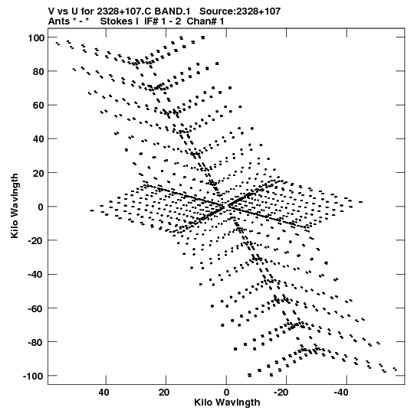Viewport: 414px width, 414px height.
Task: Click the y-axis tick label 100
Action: coord(36,37)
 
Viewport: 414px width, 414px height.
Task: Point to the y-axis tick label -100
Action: coord(33,376)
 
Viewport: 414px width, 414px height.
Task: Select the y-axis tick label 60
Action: coord(38,106)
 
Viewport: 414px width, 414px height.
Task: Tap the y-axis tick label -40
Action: coord(36,275)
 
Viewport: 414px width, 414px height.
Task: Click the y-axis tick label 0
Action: coord(41,207)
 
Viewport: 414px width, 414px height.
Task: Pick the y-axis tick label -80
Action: coord(36,342)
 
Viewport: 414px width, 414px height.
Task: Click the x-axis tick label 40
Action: coord(103,393)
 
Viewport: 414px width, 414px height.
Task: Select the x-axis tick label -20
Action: coord(281,393)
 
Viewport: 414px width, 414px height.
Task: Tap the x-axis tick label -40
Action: coord(341,393)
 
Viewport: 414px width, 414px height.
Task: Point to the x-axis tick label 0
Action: coord(226,393)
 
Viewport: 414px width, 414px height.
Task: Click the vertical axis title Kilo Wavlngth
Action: coord(15,206)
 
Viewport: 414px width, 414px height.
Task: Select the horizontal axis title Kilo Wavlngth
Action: coord(227,403)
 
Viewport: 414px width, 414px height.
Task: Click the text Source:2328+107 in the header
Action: coord(240,11)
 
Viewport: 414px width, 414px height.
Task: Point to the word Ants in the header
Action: coord(59,21)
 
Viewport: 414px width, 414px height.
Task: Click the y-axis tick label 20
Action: coord(38,173)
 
